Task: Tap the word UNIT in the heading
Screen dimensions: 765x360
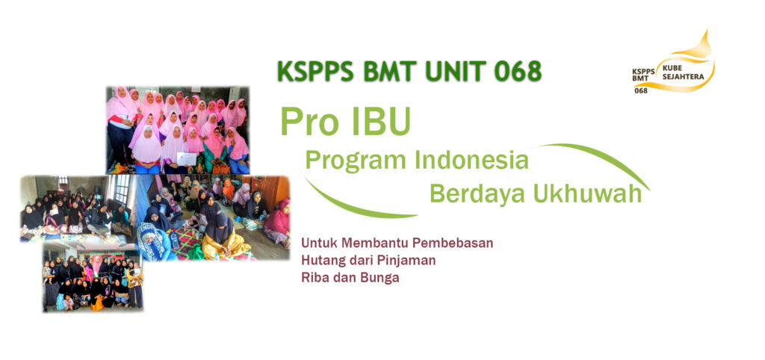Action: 455,72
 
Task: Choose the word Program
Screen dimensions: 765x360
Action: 354,161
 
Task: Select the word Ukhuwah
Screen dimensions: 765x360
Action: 587,193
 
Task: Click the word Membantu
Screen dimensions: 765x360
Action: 370,243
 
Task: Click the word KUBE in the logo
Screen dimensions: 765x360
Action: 672,69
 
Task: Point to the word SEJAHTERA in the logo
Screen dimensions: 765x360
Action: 683,77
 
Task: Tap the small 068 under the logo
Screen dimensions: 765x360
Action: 641,90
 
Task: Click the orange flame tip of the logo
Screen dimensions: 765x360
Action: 707,31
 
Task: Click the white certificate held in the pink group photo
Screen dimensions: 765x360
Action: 186,159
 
